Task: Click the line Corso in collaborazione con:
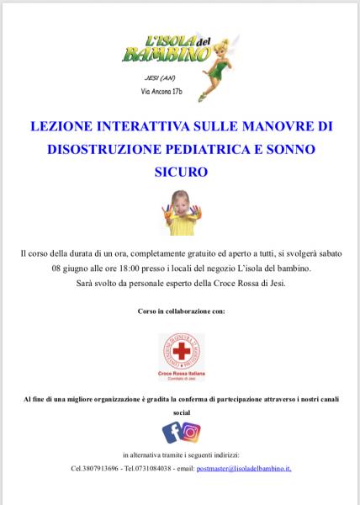(180, 311)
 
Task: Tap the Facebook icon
(172, 433)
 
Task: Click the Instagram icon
(191, 433)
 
